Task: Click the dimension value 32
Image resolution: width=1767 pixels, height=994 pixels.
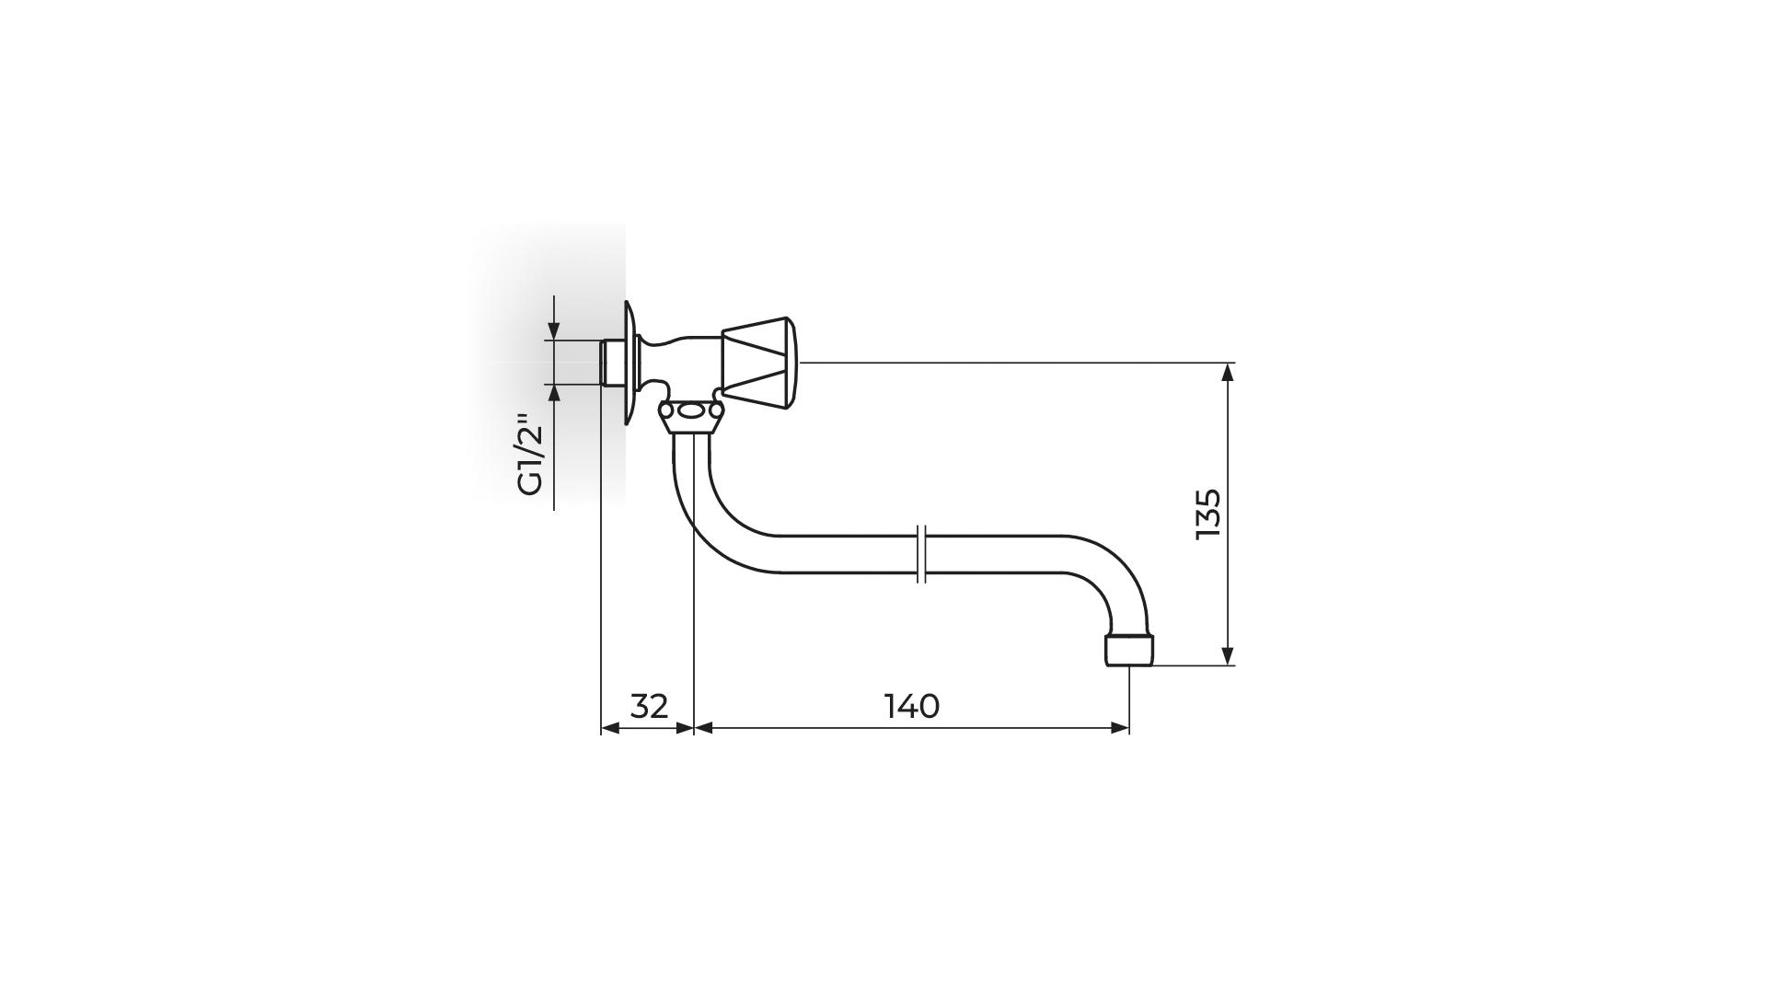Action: pos(649,706)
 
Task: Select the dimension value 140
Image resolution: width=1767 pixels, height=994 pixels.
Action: pos(911,706)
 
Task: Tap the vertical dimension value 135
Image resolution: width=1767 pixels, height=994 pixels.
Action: pos(1207,514)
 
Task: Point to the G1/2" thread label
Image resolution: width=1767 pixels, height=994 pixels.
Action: pos(531,456)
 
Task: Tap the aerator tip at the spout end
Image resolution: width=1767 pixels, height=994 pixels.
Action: pos(1128,650)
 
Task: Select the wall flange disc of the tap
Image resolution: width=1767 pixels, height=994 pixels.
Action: pos(629,364)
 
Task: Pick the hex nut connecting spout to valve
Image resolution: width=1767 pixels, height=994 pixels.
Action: pos(689,415)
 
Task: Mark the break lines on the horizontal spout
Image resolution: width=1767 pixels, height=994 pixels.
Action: pos(922,554)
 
